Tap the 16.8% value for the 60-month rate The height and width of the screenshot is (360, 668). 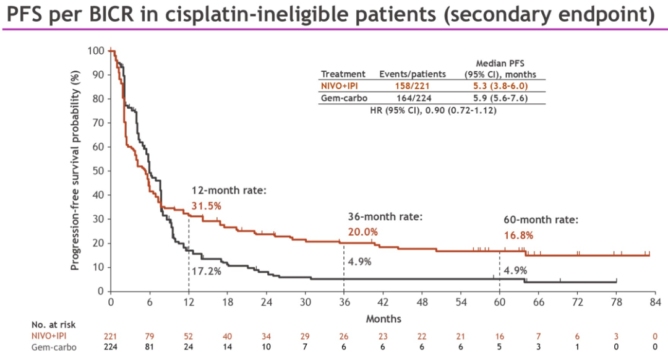click(518, 235)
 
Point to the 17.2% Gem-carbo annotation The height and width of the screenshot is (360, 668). click(206, 270)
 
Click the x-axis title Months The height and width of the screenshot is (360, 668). click(383, 319)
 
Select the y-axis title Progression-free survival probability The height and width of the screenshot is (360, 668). click(75, 171)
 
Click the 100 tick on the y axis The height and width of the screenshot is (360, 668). click(95, 51)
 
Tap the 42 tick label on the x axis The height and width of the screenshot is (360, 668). click(383, 302)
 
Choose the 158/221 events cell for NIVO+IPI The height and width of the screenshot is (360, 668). click(412, 86)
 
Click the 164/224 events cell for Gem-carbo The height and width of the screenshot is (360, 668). click(412, 98)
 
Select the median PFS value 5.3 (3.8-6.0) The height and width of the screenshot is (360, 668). click(500, 86)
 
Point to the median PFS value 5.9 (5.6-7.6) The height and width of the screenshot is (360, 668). click(500, 98)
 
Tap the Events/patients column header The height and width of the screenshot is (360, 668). click(412, 74)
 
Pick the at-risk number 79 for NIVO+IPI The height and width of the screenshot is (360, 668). click(150, 336)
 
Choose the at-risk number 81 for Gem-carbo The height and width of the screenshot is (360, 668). click(150, 347)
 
